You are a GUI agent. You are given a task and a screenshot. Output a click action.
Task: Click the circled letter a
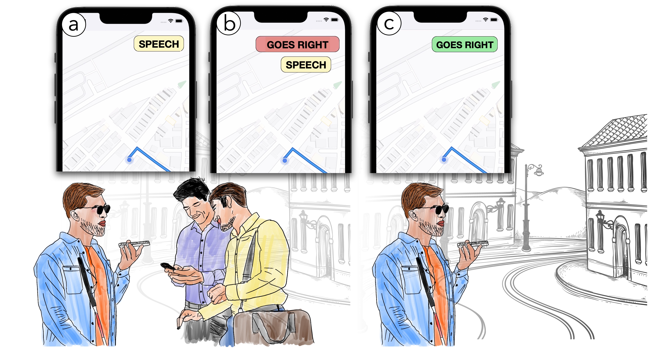(x=74, y=25)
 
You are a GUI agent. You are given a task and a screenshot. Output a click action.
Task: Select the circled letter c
(x=389, y=23)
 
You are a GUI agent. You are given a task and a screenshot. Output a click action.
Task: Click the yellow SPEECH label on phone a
(x=159, y=44)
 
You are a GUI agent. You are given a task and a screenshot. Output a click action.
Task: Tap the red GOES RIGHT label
(x=297, y=44)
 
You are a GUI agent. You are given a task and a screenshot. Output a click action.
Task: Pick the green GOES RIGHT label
(x=465, y=44)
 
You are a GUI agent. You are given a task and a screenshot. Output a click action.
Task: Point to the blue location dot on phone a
(x=129, y=160)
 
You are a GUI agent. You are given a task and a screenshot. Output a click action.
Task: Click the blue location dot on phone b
(x=285, y=160)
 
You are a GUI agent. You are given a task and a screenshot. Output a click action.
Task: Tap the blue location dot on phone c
(x=444, y=160)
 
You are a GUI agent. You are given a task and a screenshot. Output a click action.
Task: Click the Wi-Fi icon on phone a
(x=171, y=21)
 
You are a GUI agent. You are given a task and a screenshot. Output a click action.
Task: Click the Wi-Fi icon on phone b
(x=326, y=19)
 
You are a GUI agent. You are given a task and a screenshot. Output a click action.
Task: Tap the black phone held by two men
(x=168, y=266)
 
